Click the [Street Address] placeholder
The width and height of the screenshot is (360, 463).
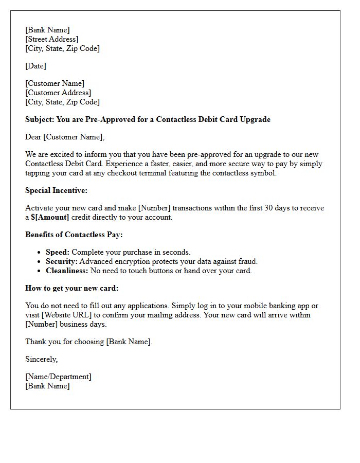tap(52, 39)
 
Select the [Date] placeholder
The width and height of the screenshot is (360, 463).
tap(36, 66)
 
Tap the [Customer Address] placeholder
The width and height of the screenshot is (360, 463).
tap(58, 93)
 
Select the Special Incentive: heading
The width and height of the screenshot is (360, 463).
tap(57, 190)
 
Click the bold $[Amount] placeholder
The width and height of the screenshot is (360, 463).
tap(50, 217)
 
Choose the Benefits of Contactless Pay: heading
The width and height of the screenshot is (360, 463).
tap(74, 235)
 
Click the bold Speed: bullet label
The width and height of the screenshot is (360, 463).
tap(58, 252)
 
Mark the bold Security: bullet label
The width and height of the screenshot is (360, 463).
tap(61, 261)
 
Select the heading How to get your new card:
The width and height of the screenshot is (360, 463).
tap(72, 288)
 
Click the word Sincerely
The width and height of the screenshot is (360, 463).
tap(42, 359)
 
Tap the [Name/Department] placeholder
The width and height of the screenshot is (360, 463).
tap(58, 377)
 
